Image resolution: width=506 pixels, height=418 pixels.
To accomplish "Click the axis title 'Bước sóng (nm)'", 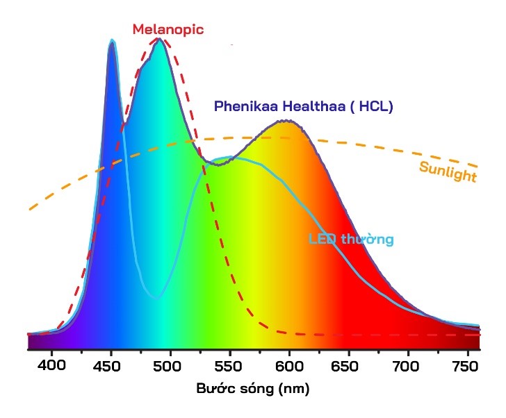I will [x=252, y=389].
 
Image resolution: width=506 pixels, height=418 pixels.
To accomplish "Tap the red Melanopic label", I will [x=168, y=29].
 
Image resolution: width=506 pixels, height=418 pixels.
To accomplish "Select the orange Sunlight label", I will [x=448, y=171].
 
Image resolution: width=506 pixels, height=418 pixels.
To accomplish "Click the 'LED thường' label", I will [x=351, y=240].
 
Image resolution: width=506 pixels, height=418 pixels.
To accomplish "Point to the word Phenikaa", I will [x=243, y=107].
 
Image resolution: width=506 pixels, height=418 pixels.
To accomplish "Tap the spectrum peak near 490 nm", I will [x=160, y=40].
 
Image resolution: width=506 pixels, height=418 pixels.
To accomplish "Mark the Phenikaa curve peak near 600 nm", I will [x=284, y=122].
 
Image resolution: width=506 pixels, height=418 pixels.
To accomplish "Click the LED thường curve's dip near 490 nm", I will [x=157, y=297].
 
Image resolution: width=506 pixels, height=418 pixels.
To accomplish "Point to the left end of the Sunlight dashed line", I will [x=30, y=208].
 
